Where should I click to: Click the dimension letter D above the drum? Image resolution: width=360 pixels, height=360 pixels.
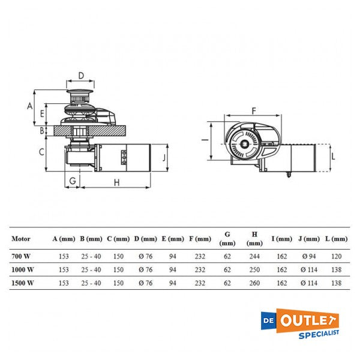coord(81,76)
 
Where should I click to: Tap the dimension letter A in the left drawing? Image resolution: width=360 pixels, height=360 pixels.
coord(30,106)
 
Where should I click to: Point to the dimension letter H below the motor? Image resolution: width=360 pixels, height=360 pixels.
coord(117,183)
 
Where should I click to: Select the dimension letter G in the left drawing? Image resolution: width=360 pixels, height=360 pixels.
coord(73,181)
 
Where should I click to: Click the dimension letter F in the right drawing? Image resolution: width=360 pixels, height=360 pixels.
coord(254,111)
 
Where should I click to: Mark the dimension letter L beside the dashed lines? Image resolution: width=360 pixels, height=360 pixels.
coord(334,157)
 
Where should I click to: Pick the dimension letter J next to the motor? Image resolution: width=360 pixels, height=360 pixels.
coord(164,158)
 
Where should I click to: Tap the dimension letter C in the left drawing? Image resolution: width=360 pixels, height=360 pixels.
coord(41,152)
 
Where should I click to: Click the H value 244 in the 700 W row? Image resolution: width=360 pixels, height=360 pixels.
coord(254,256)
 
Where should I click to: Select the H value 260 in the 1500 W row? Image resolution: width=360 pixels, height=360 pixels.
coord(254,283)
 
